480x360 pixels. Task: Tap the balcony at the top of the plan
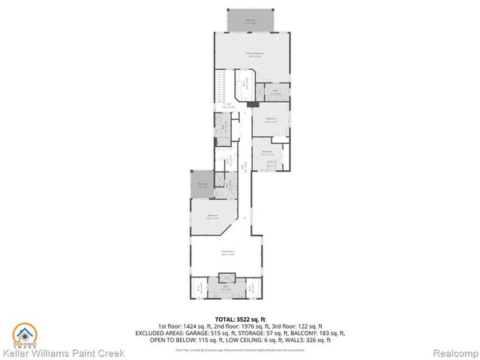tap(248, 21)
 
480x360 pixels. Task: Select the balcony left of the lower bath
tap(202, 186)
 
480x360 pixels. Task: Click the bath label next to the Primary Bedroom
tap(276, 92)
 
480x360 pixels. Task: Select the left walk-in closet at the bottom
tap(197, 287)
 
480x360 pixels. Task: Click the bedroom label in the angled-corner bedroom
tap(213, 217)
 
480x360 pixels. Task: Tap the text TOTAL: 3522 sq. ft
tap(239, 319)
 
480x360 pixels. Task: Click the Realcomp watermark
tap(452, 352)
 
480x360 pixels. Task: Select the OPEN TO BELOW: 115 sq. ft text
tap(188, 340)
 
